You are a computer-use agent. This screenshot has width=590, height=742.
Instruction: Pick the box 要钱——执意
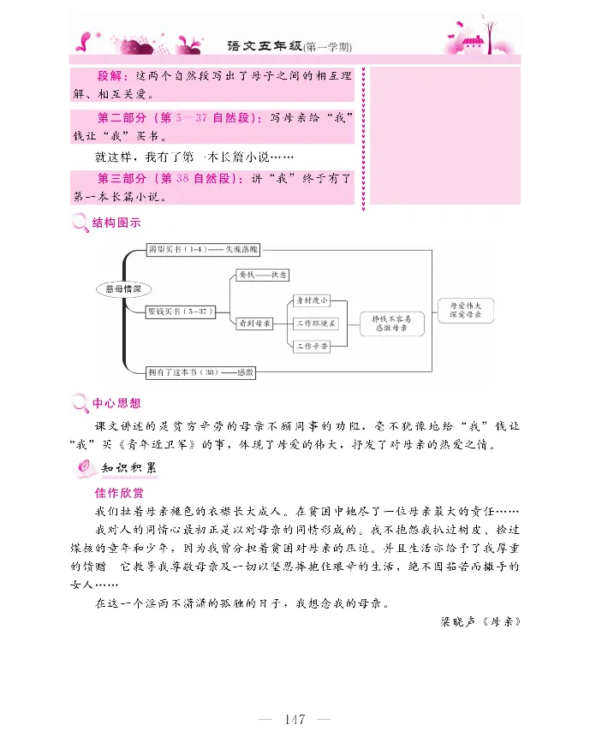click(263, 275)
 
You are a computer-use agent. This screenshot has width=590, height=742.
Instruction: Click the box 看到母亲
click(254, 324)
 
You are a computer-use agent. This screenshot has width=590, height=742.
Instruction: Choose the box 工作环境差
click(316, 324)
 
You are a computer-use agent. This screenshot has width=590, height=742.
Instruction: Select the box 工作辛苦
click(311, 347)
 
